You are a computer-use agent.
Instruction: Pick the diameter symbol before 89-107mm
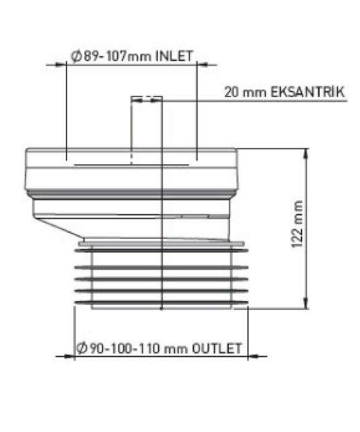coord(76,56)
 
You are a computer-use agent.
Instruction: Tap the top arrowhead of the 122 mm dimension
coord(305,152)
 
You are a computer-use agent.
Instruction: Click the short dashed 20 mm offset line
coord(146,100)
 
